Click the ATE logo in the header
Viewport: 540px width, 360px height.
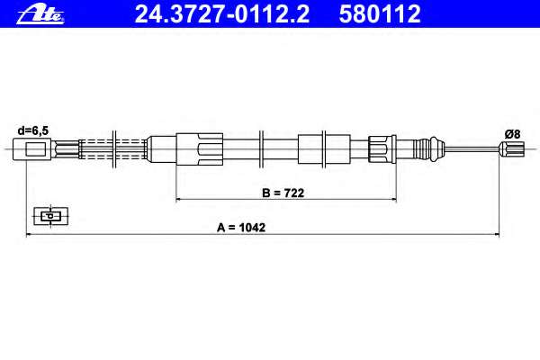point(40,15)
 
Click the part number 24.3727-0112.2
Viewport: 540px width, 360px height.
point(222,14)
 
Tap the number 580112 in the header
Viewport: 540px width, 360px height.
point(380,14)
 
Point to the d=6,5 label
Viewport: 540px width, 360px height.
point(33,130)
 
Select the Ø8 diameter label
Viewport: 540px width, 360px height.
point(512,134)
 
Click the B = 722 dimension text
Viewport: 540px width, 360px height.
point(283,193)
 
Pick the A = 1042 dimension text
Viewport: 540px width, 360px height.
point(241,228)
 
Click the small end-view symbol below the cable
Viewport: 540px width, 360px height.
point(50,216)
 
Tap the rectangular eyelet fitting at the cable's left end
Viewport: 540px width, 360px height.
point(32,149)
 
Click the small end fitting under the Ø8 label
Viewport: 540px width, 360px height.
point(512,149)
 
